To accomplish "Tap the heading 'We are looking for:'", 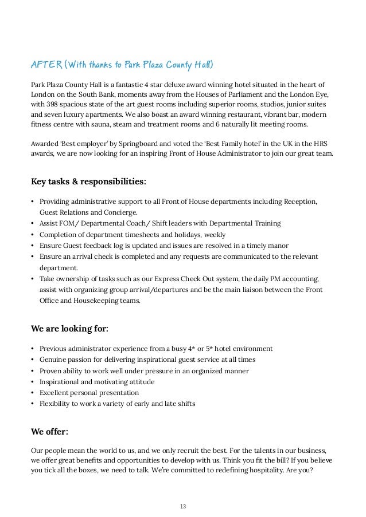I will pos(69,329).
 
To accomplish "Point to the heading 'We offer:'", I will pos(53,431).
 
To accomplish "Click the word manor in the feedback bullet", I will pos(277,245).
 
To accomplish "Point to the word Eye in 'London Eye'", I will pos(324,95).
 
